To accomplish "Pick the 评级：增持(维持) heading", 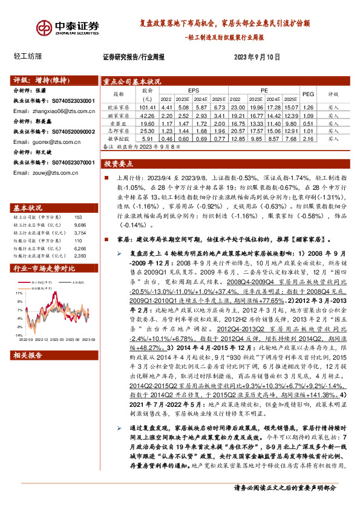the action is [x=39, y=80].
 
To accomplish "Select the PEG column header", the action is [x=309, y=94].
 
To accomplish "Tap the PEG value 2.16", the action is [x=309, y=137].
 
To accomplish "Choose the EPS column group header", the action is [x=193, y=90].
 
